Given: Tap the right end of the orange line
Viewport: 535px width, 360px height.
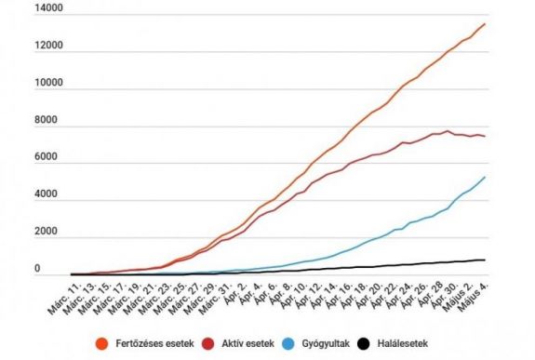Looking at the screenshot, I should point(485,24).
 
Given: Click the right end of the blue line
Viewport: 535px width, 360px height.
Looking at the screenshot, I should point(485,178).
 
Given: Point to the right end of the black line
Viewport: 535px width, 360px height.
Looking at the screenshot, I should point(485,260).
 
